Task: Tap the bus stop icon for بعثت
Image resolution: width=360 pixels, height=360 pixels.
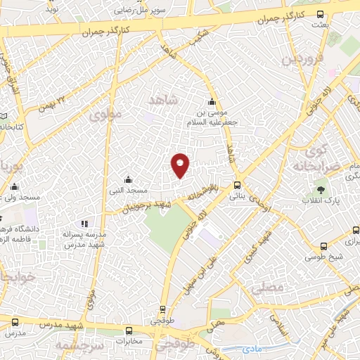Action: point(321,15)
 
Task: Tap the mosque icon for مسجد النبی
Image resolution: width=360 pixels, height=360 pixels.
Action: point(127,179)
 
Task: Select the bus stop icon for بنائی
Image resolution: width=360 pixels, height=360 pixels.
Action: point(234,186)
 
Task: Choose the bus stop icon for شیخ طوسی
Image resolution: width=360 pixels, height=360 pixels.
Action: point(323,246)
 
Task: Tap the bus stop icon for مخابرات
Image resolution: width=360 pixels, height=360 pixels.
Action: point(129,330)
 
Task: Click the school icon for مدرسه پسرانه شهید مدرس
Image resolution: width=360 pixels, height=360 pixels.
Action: point(84,224)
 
